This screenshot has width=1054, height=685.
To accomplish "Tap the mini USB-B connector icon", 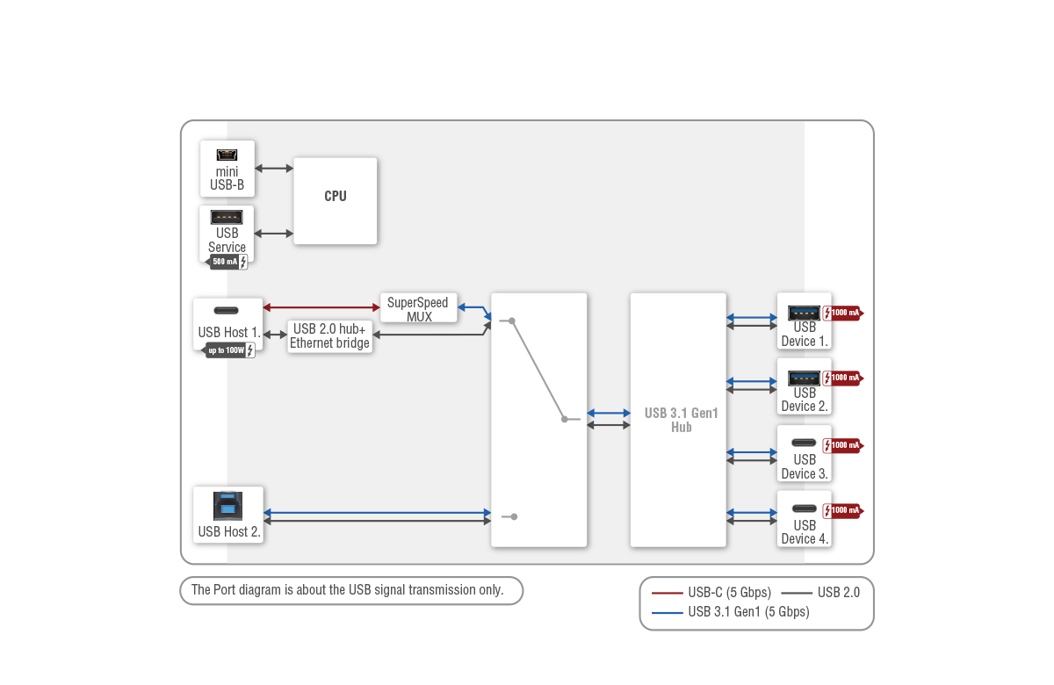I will click(227, 155).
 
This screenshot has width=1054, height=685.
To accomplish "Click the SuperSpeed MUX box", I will click(418, 309).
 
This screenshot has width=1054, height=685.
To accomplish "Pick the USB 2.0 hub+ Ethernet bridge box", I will click(329, 336).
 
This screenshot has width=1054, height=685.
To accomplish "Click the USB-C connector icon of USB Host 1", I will click(227, 311).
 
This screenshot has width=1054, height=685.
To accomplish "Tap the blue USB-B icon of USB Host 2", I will click(227, 507).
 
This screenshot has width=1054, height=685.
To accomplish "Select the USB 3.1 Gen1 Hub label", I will click(681, 420).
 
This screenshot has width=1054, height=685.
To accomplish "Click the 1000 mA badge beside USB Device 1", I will click(845, 313).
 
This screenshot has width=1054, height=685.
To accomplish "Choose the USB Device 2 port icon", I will click(804, 378).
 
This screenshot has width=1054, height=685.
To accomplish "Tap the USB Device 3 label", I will click(805, 466).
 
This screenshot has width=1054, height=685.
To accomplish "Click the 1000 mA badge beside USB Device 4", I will click(845, 510).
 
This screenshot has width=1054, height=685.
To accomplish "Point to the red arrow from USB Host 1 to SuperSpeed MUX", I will click(321, 307).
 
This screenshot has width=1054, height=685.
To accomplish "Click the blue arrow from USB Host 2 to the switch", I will click(377, 512).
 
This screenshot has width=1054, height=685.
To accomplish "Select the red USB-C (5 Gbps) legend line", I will click(668, 593).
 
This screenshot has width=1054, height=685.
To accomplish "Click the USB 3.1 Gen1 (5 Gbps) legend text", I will click(748, 612).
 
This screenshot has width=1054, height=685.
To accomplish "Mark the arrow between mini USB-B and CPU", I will click(274, 168).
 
